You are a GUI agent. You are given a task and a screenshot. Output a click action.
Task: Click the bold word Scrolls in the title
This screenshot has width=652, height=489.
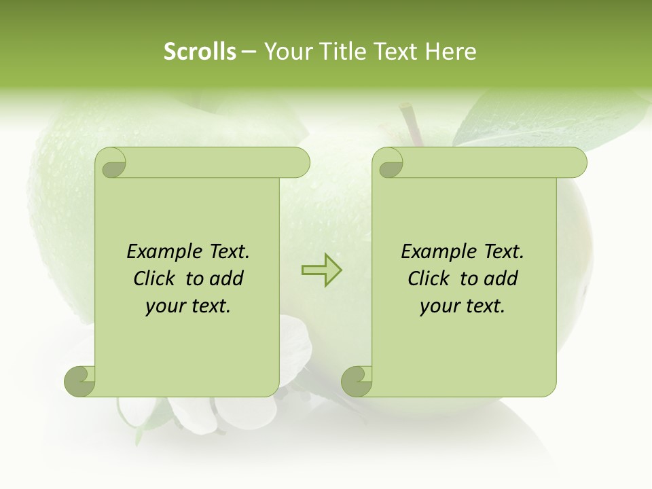(x=200, y=52)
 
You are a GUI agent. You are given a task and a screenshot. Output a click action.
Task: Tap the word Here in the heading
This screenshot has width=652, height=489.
(x=451, y=52)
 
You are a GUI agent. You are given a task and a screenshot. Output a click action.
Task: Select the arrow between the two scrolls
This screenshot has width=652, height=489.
(x=321, y=270)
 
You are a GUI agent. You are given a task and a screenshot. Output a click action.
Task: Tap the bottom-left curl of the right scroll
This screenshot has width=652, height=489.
(x=357, y=380)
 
